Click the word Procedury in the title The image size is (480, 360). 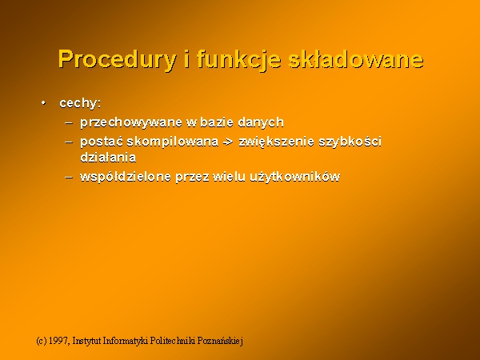click(x=118, y=59)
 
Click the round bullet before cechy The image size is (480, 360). click(x=44, y=103)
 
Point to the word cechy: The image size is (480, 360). click(x=80, y=103)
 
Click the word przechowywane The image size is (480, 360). click(x=131, y=122)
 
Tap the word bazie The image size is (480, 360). click(x=217, y=122)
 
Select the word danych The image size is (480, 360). click(x=261, y=122)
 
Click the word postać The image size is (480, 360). click(x=102, y=142)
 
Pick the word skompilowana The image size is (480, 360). click(x=172, y=142)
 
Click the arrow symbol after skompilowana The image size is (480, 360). click(x=228, y=142)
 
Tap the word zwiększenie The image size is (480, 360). click(x=276, y=142)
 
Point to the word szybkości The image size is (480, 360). click(x=350, y=142)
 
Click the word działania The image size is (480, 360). click(x=108, y=157)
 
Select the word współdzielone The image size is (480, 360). click(x=126, y=177)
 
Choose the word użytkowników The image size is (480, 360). click(x=294, y=177)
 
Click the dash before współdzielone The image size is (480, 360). click(x=69, y=177)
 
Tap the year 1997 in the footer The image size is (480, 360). click(x=58, y=341)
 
